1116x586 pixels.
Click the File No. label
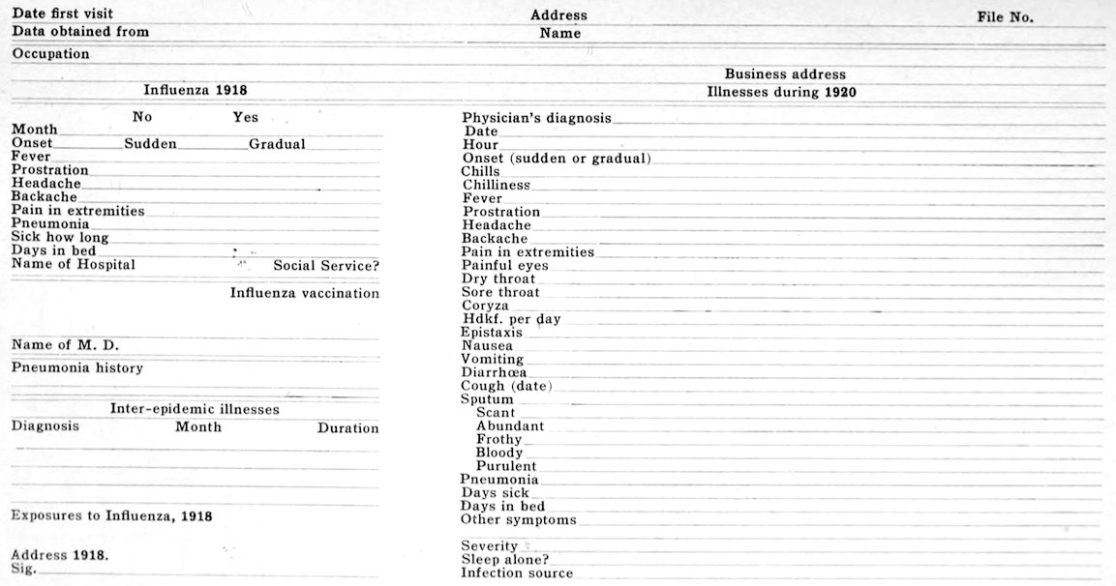[x=1006, y=17]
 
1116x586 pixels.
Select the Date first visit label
[x=62, y=14]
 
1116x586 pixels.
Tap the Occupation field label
[x=50, y=54]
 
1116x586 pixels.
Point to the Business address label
[x=785, y=74]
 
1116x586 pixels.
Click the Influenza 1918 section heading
[x=196, y=90]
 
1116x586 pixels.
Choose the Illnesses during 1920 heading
[x=781, y=93]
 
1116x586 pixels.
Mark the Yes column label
[x=245, y=118]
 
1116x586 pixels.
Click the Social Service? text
[x=326, y=266]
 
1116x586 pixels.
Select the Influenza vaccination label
[x=305, y=293]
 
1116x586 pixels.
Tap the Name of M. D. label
[x=65, y=345]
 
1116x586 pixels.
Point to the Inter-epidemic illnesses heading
[x=195, y=410]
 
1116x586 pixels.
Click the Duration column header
[x=348, y=428]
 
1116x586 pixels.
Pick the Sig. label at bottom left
[x=23, y=570]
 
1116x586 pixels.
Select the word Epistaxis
[x=493, y=333]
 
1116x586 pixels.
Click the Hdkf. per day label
[x=512, y=319]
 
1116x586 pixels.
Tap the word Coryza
[x=485, y=306]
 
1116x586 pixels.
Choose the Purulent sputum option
[x=506, y=466]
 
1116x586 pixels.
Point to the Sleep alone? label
[x=505, y=560]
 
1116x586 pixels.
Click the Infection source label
[x=517, y=573]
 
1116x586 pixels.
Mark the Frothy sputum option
[x=499, y=439]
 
